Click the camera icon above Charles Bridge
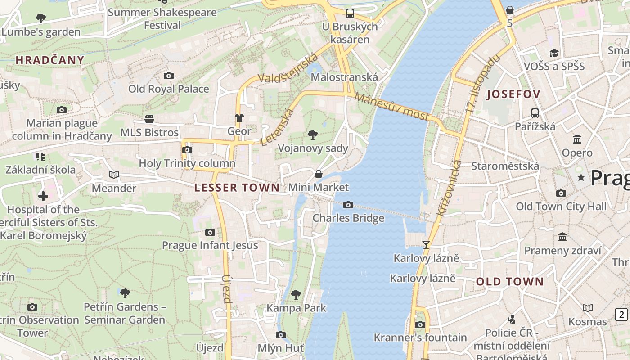click(x=348, y=205)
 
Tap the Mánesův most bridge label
click(x=391, y=106)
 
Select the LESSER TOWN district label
click(x=237, y=188)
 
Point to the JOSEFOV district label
click(x=513, y=94)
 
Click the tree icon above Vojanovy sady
click(x=312, y=135)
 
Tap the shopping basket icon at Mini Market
click(x=319, y=174)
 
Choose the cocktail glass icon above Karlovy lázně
click(x=426, y=245)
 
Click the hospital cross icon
click(x=43, y=196)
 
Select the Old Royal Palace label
click(x=169, y=89)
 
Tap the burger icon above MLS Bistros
click(x=149, y=119)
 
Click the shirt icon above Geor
click(x=239, y=118)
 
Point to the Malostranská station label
click(x=344, y=77)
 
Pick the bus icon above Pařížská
click(x=535, y=113)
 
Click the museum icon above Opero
click(x=577, y=139)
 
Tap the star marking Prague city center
click(x=581, y=178)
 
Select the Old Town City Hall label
click(x=561, y=207)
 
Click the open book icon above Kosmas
click(x=588, y=308)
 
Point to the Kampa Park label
click(x=297, y=308)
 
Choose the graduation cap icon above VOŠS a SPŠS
click(x=554, y=54)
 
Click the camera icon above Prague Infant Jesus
click(x=210, y=233)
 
